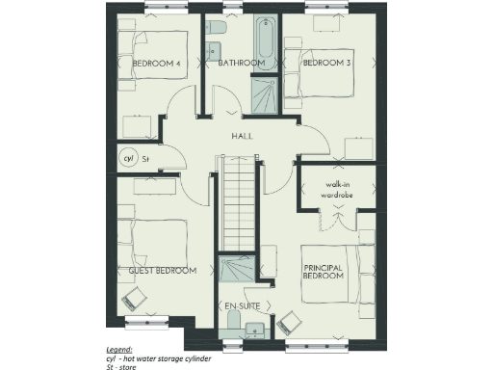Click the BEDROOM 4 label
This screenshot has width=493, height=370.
click(x=157, y=64)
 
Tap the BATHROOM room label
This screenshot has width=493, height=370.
click(x=241, y=64)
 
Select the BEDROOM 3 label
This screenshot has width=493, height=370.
click(x=325, y=64)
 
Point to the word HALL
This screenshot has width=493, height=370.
click(x=243, y=137)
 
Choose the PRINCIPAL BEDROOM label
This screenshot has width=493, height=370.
click(x=324, y=272)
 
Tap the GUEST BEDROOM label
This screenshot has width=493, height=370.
click(x=163, y=271)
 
